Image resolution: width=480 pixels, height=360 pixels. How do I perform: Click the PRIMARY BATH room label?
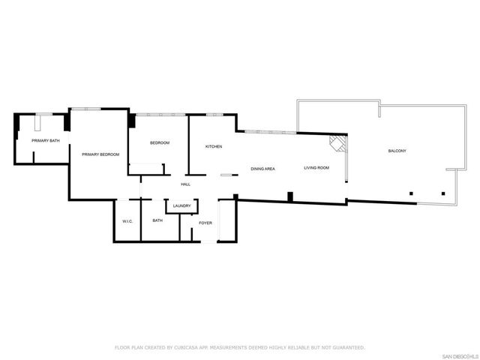(46, 140)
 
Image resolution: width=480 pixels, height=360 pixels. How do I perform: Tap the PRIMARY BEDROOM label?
(100, 154)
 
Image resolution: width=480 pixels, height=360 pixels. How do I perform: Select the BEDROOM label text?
(160, 143)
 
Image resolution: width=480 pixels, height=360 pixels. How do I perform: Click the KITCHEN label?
(214, 146)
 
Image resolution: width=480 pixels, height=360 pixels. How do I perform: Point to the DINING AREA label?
(262, 169)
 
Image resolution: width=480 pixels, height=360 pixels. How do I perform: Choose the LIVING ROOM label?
(316, 168)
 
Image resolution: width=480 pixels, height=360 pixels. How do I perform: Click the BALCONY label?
(397, 151)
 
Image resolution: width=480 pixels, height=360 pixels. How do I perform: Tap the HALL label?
(185, 184)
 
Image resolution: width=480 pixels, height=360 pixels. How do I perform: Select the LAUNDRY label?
(181, 206)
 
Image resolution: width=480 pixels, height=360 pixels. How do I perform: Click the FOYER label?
(205, 223)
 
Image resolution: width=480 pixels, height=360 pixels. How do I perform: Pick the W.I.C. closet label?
(127, 220)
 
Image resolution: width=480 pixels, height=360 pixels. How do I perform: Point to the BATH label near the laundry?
(157, 220)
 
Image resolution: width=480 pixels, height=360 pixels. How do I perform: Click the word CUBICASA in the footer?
(187, 347)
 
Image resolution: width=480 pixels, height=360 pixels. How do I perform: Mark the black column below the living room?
(290, 197)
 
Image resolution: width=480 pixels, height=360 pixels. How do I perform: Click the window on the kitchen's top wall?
(215, 114)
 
